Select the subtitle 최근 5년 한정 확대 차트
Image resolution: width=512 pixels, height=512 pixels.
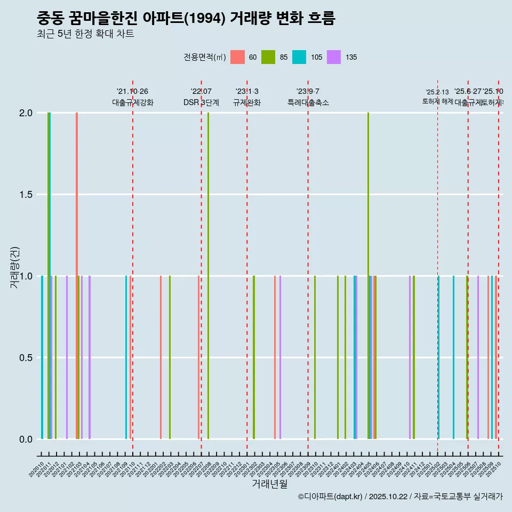(85, 34)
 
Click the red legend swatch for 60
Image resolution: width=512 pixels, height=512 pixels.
(237, 57)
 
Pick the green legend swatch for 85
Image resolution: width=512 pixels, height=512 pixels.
(268, 57)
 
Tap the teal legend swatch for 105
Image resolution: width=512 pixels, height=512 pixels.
(299, 57)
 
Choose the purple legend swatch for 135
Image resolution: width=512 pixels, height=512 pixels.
(334, 57)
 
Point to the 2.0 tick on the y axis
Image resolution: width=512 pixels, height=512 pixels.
(26, 113)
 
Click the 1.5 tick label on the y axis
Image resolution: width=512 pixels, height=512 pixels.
(26, 195)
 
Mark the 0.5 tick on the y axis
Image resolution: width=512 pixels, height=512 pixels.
(26, 358)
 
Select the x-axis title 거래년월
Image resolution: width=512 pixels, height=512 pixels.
(269, 484)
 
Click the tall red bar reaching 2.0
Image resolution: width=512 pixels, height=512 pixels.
(77, 213)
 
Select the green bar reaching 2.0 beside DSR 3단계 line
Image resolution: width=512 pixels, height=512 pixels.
(208, 213)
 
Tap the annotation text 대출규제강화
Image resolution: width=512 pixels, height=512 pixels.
(133, 102)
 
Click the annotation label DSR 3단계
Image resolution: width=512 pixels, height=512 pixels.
(201, 102)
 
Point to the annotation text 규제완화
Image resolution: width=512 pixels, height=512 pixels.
(247, 102)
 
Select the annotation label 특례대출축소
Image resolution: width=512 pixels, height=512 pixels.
(308, 102)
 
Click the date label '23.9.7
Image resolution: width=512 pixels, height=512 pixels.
(308, 91)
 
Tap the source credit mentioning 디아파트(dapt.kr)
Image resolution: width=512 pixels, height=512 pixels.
(400, 497)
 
